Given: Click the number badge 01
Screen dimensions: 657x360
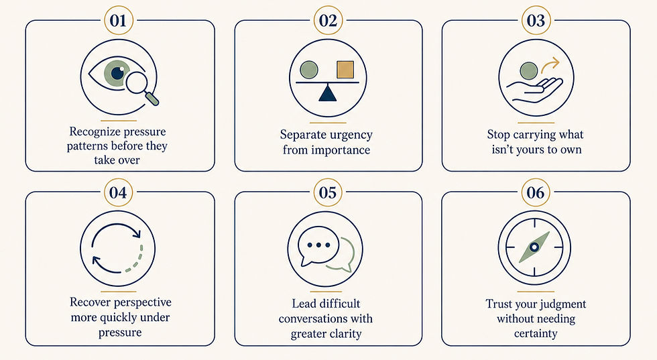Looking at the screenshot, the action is click(119, 21).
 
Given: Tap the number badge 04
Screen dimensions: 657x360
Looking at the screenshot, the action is click(119, 193).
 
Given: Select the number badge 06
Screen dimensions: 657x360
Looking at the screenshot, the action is click(536, 193).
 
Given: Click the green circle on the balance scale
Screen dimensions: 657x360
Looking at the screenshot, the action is click(309, 70).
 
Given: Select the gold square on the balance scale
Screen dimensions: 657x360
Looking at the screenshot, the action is click(345, 70).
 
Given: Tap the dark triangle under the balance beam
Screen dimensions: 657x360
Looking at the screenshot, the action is click(328, 93).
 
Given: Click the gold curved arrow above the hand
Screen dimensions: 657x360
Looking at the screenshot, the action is click(550, 66).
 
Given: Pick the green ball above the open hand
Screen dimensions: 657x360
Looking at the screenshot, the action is click(529, 71).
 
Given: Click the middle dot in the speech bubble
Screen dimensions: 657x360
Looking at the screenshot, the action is click(318, 245).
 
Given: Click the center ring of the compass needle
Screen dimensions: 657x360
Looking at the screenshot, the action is click(534, 247).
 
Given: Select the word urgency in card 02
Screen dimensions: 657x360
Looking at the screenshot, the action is click(350, 135).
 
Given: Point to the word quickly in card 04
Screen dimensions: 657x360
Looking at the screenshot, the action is click(121, 318).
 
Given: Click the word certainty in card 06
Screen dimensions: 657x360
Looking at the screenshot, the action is click(536, 334).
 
